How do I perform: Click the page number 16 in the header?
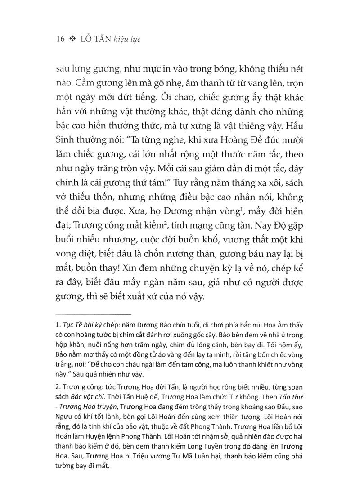(x=58, y=39)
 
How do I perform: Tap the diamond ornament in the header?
(x=72, y=39)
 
